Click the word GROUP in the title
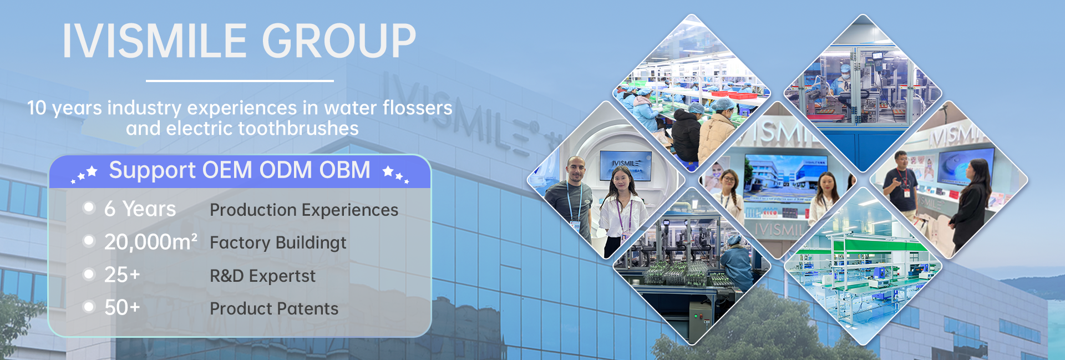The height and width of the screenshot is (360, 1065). pos(338,41)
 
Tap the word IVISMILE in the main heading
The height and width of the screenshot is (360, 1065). pos(155,41)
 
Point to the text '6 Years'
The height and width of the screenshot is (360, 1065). pos(140,209)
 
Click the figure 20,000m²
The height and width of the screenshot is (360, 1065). pos(150,242)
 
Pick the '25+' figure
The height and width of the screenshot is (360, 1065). pos(122,275)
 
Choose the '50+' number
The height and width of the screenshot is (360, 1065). pos(122,307)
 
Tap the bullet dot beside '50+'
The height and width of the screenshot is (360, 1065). pos(89,307)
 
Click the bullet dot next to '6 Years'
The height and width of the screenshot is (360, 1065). pos(89,207)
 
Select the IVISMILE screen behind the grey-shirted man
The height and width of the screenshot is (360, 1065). pos(626,165)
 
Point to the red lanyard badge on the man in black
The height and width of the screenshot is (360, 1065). pos(907,192)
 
